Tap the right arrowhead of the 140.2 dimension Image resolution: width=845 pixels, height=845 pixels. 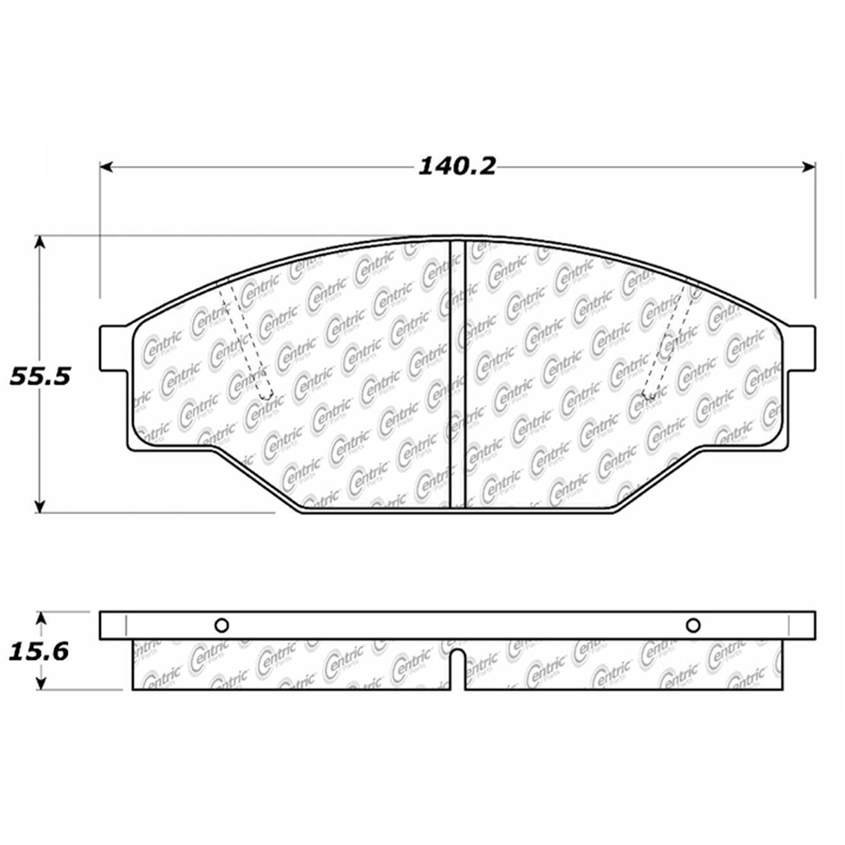click(809, 167)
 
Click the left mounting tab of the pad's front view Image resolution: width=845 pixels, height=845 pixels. click(113, 348)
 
